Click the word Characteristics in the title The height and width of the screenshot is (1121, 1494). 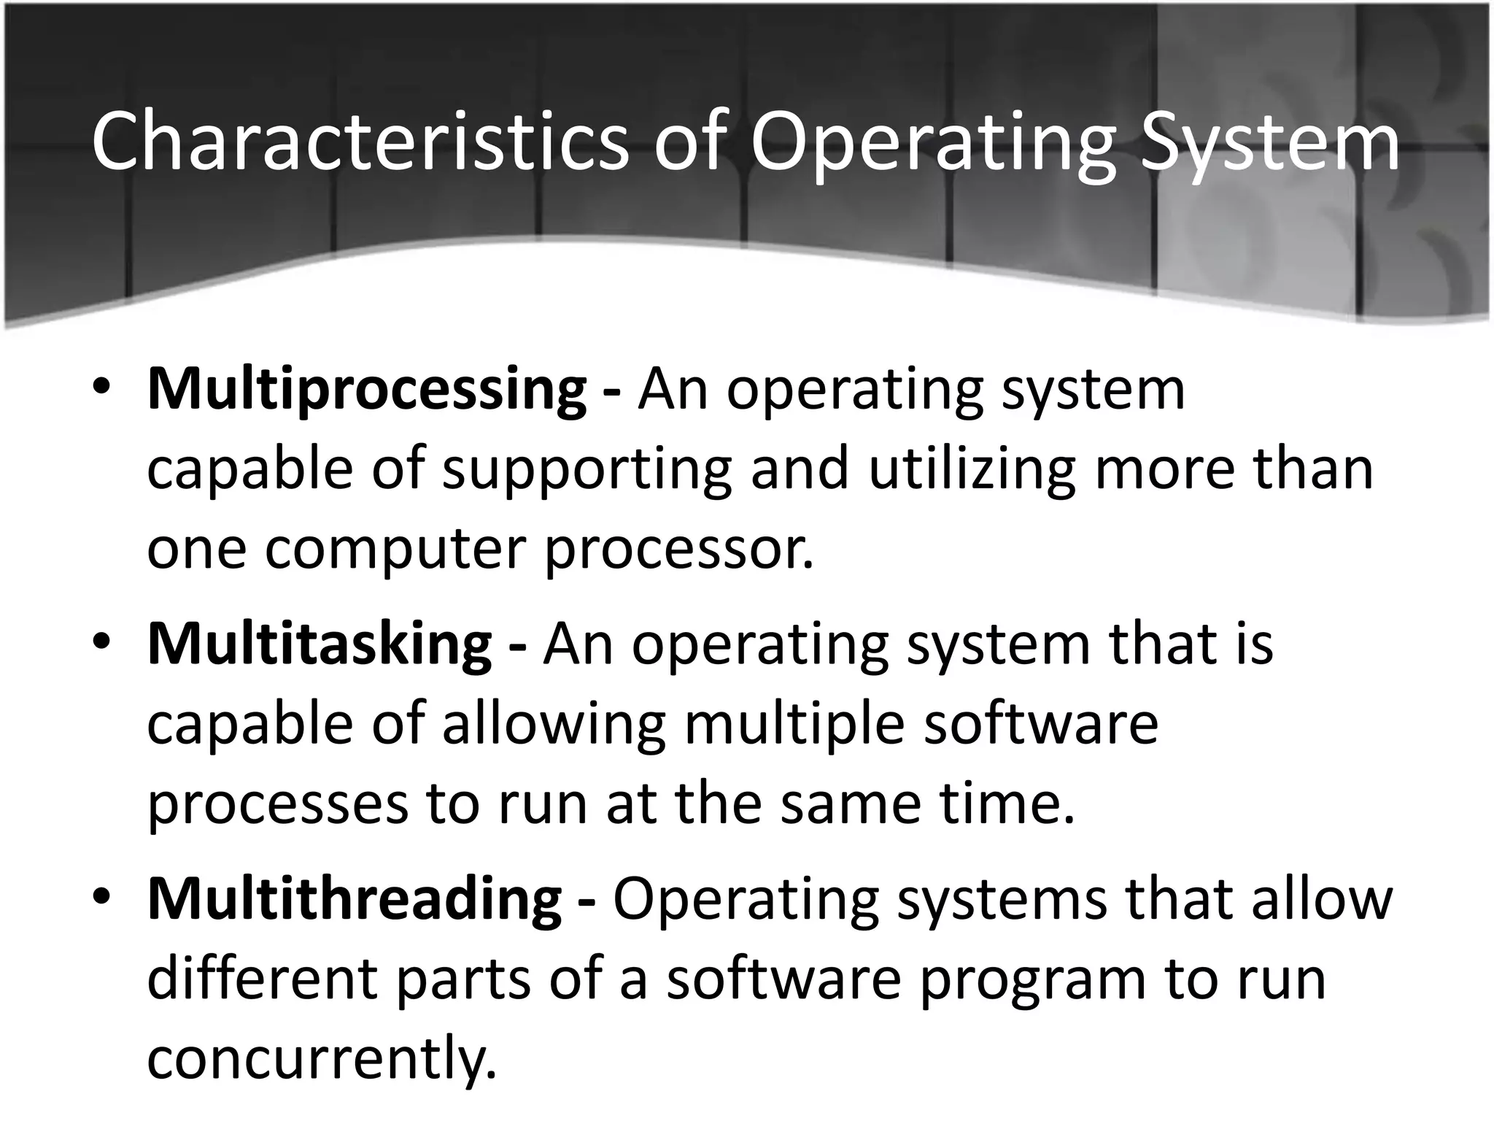(x=360, y=141)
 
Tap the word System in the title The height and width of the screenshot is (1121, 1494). (x=1270, y=141)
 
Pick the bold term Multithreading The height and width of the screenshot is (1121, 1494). (x=355, y=899)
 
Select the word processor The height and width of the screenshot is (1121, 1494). (x=678, y=549)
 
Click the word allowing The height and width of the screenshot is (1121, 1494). (x=554, y=724)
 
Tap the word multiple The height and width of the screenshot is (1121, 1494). (x=795, y=724)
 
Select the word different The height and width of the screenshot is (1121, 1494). (x=262, y=979)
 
